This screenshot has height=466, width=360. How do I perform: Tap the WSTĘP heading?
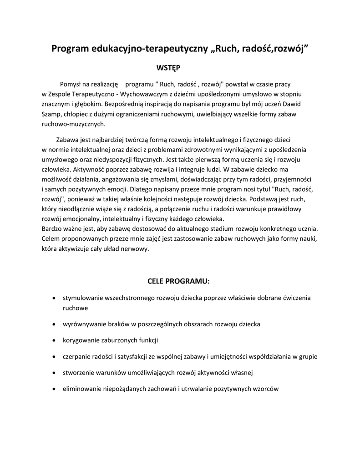[168, 68]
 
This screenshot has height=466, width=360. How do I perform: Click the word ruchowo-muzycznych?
[73, 124]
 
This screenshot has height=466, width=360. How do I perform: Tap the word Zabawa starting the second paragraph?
[67, 139]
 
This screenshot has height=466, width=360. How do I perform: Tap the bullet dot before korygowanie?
[54, 340]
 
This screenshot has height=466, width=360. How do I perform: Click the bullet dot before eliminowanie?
[54, 390]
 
